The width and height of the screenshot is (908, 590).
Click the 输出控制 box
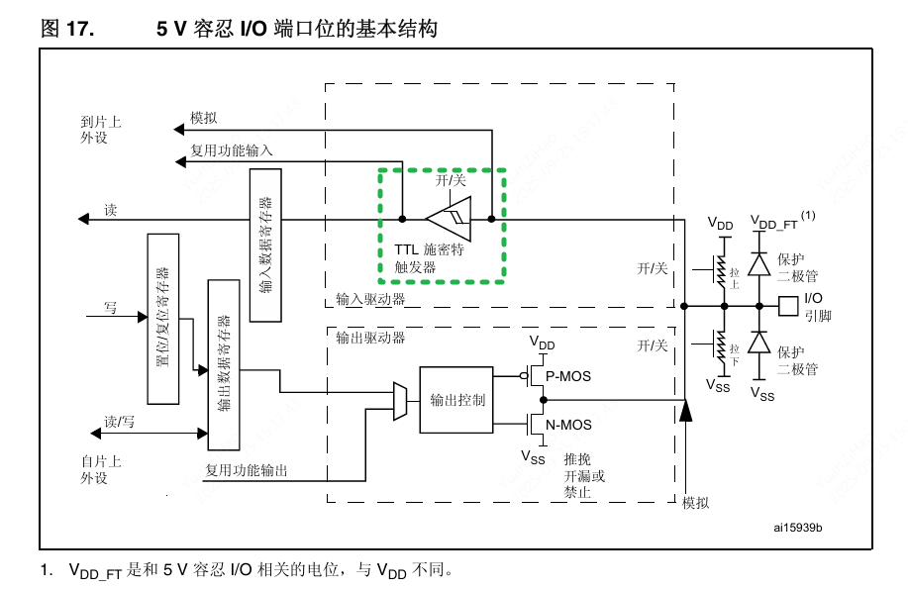[456, 400]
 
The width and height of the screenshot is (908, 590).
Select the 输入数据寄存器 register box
[265, 245]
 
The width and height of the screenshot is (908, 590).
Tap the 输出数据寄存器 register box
[224, 364]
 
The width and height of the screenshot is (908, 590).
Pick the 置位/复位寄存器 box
[162, 319]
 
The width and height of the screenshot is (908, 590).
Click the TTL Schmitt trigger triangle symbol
[450, 218]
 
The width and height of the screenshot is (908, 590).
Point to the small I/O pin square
[788, 305]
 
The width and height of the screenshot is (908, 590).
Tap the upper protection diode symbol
[759, 264]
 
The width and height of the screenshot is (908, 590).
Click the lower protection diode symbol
[759, 343]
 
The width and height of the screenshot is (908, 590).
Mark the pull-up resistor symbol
[723, 272]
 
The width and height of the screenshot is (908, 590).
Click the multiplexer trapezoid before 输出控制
[399, 400]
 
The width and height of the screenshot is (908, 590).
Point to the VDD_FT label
[775, 223]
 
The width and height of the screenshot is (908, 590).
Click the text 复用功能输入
[232, 150]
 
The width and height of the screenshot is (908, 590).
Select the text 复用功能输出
[247, 470]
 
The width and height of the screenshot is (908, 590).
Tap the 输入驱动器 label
[370, 299]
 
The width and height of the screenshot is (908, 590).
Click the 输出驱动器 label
[370, 338]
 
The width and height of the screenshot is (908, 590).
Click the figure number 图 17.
[67, 30]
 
